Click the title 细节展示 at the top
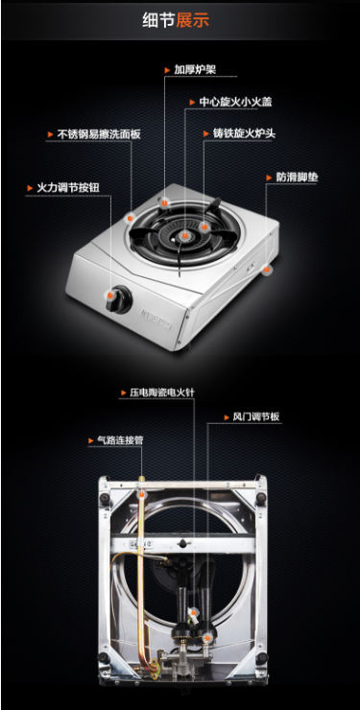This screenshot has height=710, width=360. click(x=176, y=21)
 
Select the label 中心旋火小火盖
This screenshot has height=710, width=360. click(x=235, y=102)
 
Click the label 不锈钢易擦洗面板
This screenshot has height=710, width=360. click(x=99, y=134)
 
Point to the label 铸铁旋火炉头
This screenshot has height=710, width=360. click(x=245, y=133)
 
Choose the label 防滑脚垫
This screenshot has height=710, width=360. click(x=297, y=177)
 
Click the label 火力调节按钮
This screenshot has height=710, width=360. click(x=68, y=187)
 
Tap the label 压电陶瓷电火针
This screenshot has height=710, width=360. click(x=162, y=392)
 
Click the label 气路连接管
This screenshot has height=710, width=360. click(x=120, y=439)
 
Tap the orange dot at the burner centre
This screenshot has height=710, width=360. click(x=184, y=235)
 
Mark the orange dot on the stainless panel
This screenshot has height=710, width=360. click(x=131, y=218)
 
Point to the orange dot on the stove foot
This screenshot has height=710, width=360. click(x=267, y=270)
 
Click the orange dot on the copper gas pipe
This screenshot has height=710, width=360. click(x=141, y=493)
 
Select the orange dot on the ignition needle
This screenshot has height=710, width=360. click(x=193, y=613)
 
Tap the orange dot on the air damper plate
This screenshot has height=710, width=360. click(x=207, y=637)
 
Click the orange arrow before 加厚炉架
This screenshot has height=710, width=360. click(x=167, y=70)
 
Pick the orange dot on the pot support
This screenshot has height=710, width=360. click(x=164, y=202)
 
